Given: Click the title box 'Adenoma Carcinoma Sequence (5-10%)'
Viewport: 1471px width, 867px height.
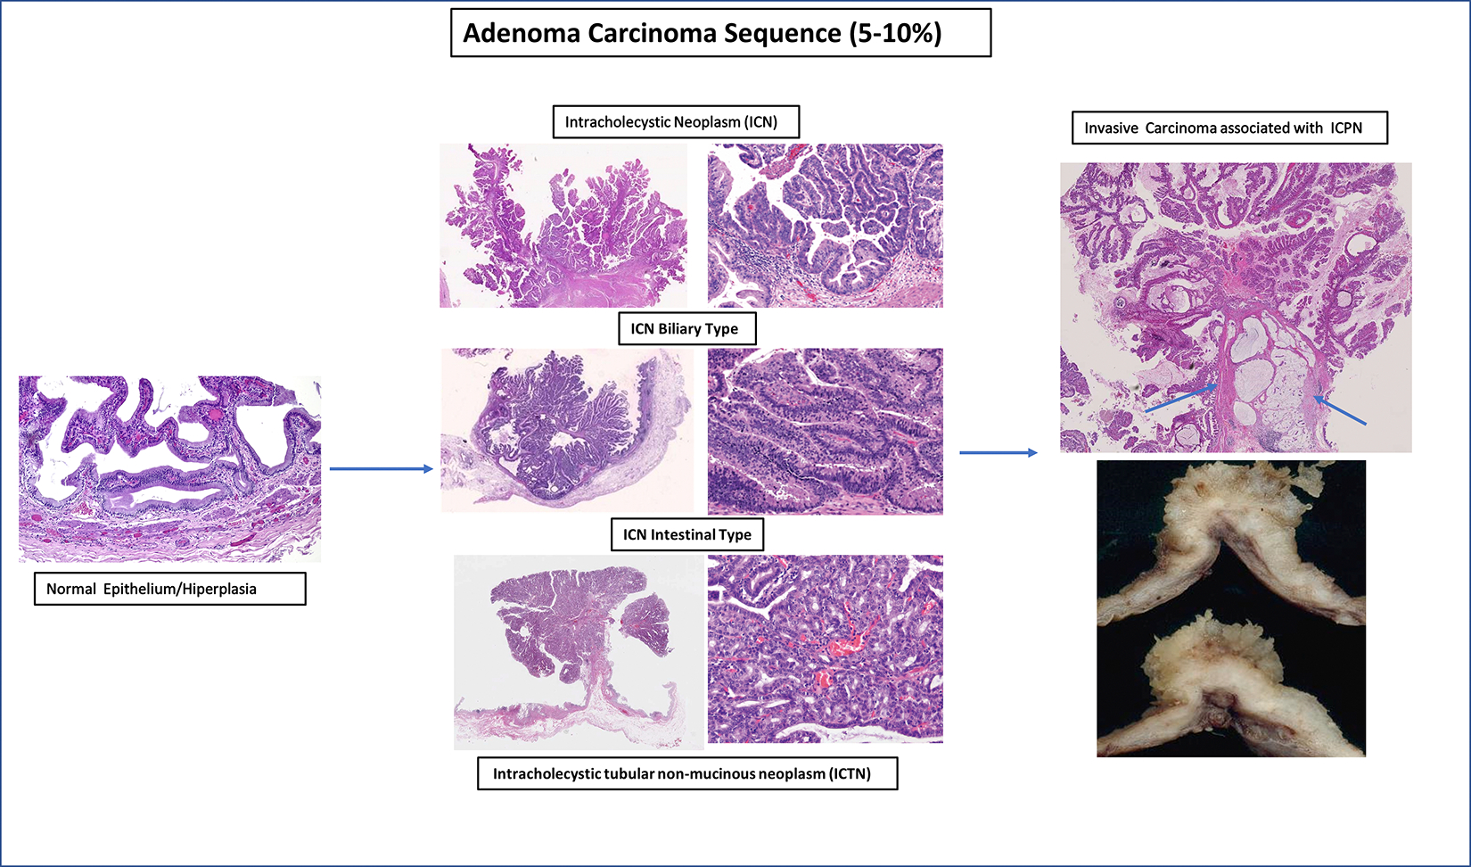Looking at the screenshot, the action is click(720, 33).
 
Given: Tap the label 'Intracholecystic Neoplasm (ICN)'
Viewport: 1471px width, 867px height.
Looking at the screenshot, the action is click(676, 122).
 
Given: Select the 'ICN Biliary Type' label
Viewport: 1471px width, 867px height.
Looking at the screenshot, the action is click(686, 328).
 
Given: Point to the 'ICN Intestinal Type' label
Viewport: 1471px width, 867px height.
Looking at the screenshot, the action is click(686, 534).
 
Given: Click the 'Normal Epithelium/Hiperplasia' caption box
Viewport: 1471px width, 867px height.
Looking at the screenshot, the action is click(170, 589).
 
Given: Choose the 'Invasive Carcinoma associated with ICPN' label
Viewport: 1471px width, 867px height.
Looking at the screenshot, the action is click(1229, 128).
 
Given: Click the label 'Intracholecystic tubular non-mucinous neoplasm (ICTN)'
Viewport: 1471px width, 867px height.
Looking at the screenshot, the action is click(686, 773).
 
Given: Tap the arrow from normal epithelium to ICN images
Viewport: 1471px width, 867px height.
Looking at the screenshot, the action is click(382, 469).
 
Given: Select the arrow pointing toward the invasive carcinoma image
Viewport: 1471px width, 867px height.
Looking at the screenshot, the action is click(998, 452).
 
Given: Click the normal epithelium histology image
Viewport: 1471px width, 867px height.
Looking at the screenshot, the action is click(170, 469).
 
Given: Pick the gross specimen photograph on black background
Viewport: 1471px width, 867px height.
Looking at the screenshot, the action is click(1231, 609).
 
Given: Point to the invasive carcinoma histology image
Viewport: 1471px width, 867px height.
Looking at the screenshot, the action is click(1236, 308).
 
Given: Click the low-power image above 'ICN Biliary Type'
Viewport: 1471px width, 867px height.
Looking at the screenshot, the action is click(563, 226).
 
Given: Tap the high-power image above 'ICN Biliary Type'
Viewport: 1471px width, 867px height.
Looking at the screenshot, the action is click(826, 226).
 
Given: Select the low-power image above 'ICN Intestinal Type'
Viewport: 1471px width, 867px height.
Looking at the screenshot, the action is click(567, 430).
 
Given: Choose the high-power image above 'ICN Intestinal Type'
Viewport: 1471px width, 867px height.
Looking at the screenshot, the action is click(826, 431).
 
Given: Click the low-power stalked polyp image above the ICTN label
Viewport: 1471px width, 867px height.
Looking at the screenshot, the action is click(579, 652).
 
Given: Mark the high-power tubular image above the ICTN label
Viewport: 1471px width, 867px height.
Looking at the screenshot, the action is click(826, 649).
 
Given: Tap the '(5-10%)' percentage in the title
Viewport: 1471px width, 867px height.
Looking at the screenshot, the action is click(896, 34).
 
